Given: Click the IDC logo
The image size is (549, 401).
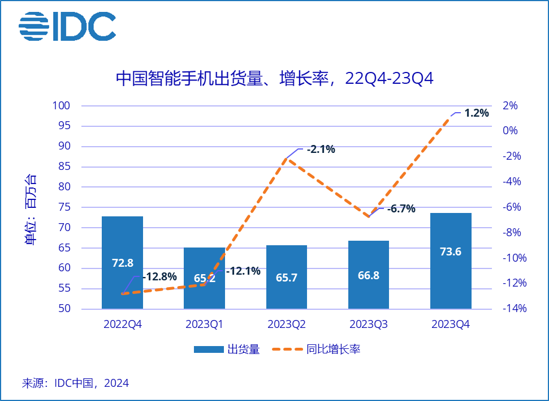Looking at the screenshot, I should (67, 26).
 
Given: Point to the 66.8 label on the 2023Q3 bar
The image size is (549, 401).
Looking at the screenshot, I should (369, 275).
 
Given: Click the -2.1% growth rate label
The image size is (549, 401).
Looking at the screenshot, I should (321, 150).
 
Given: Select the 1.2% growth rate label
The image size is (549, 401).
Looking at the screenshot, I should (476, 113).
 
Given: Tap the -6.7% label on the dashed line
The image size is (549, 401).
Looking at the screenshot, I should (401, 208).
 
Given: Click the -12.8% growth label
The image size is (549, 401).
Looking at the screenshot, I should (161, 277).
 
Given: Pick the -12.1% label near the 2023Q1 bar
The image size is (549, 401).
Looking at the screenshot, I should (243, 271).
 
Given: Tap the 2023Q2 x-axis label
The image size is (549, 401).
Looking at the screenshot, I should (287, 325).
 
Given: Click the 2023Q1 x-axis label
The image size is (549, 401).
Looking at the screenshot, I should (204, 325).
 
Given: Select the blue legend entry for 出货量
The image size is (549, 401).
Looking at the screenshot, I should (226, 349).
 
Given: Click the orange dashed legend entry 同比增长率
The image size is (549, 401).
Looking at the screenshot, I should (317, 349).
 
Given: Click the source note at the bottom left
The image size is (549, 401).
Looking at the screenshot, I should (75, 383).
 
